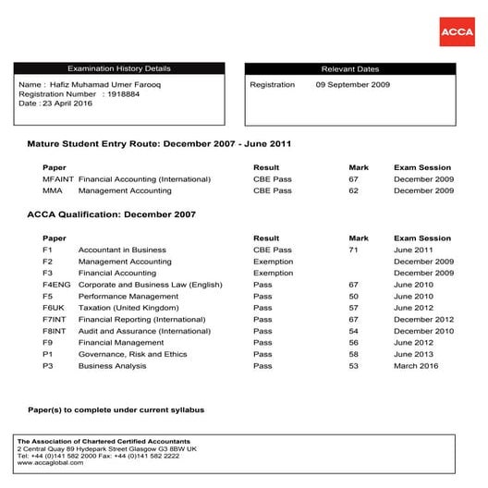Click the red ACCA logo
pos(456,31)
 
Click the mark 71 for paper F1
pos(353,250)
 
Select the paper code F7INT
pos(55,319)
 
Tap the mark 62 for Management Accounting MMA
pos(353,190)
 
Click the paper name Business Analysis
pos(112,365)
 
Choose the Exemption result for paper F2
pos(273,262)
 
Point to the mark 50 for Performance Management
pos(353,296)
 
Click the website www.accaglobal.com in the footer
pos(52,461)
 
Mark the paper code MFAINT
pos(57,178)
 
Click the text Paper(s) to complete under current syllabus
pos(116,409)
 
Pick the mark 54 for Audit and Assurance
pos(353,331)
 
